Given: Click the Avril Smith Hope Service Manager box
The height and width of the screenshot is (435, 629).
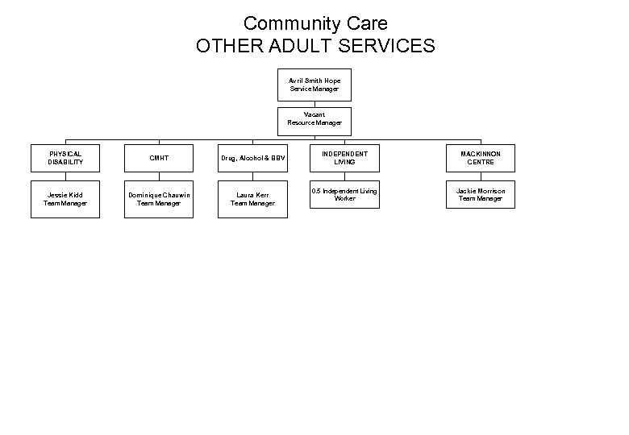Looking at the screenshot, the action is [314, 85].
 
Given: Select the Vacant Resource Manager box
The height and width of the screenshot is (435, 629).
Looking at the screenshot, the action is [314, 119].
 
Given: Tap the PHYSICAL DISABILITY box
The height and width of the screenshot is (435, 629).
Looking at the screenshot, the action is [65, 158].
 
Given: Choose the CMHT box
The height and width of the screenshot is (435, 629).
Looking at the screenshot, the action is [159, 158].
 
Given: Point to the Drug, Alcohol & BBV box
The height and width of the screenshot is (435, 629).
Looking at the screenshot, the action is [252, 158].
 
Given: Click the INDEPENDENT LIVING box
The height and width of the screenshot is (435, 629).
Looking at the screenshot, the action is [344, 158].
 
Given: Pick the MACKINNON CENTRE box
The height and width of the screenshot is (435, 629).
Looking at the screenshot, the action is [481, 158].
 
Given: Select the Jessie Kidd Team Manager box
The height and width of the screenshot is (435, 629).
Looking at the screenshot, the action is [65, 199].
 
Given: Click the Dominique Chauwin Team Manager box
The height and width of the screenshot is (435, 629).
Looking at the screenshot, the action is [159, 199].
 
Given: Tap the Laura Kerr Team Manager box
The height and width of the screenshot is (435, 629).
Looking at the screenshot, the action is [252, 199].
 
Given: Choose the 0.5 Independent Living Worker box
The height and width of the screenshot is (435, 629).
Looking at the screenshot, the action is [344, 195].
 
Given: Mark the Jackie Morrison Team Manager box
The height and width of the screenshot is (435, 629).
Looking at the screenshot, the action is [481, 195].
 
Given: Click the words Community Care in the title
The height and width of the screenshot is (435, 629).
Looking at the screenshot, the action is [315, 23].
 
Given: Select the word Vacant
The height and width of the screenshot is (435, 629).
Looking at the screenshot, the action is [314, 114].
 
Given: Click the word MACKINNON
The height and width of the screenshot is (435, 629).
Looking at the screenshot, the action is [481, 154].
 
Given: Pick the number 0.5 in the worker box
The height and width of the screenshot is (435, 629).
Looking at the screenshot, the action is [317, 191].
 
